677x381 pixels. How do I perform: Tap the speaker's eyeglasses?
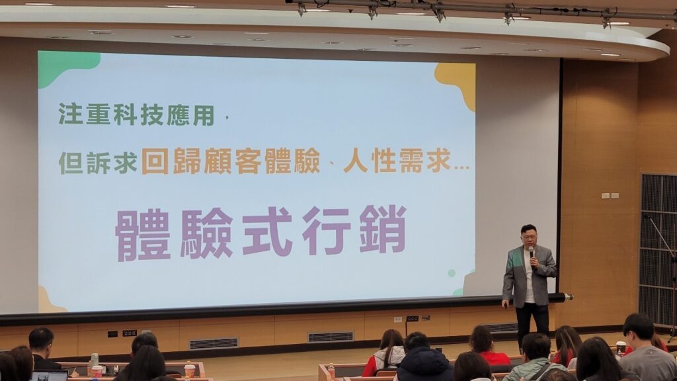click(x=528, y=236)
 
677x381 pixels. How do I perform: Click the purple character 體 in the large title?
click(x=143, y=235)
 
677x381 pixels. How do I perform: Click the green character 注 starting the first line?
click(x=71, y=114)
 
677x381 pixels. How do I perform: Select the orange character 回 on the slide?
click(x=155, y=161)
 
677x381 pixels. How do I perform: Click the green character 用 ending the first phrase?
click(x=204, y=114)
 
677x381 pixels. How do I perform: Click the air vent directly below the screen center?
click(x=331, y=337)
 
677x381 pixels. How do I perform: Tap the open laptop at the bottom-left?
click(x=50, y=376)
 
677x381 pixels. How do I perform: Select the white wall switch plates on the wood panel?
click(x=610, y=196)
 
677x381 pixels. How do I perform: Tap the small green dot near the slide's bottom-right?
click(x=451, y=273)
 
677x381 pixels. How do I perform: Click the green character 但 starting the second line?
click(x=70, y=163)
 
